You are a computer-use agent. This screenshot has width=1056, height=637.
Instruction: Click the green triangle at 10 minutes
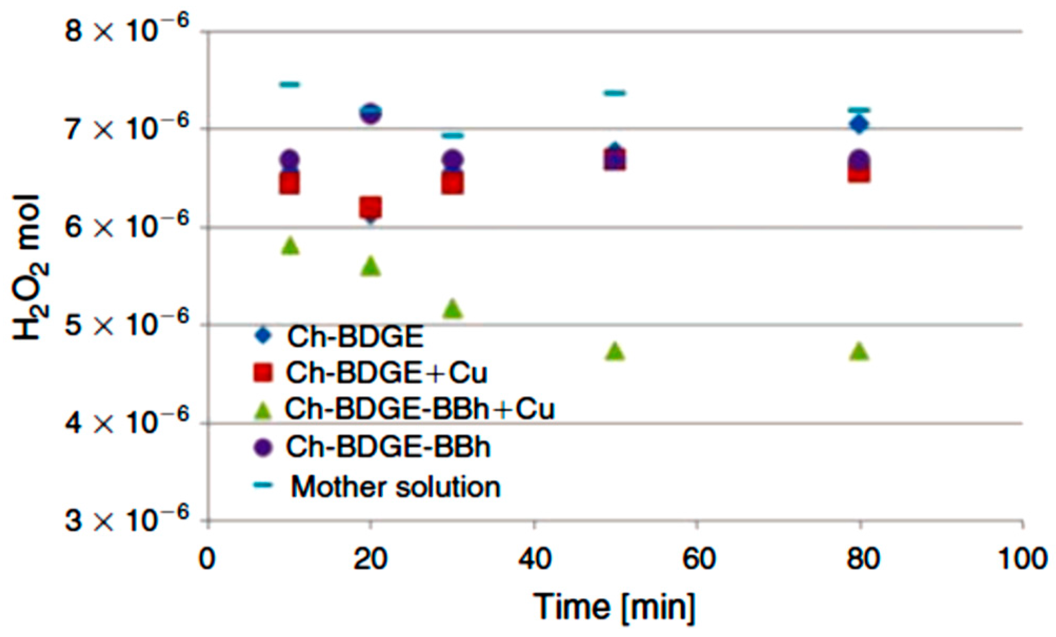coord(290,246)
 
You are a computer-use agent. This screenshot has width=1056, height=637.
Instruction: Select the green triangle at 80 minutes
coord(859,351)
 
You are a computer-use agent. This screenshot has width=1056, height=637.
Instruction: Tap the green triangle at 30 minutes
coord(453,309)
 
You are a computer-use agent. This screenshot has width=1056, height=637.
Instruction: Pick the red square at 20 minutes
coord(371,207)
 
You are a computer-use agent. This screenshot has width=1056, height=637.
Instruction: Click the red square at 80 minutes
coord(859,173)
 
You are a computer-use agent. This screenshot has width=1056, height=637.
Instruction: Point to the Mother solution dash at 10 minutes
coord(289,84)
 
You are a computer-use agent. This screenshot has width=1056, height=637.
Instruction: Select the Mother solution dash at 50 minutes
coord(615,93)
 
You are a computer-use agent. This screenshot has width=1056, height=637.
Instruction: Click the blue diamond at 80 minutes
coord(859,125)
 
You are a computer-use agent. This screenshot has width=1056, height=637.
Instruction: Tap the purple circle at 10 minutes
coord(289,159)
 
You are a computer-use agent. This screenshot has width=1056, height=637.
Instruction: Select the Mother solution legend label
coord(395,487)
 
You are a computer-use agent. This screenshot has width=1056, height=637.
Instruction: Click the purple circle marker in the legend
coord(263,447)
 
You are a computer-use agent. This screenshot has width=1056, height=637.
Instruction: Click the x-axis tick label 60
coord(698,559)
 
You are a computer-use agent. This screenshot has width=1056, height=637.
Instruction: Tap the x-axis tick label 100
coord(1022,559)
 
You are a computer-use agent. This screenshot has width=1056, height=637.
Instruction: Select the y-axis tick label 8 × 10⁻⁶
coord(126,31)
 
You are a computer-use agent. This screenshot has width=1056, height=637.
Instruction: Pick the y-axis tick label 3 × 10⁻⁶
coord(126,520)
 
